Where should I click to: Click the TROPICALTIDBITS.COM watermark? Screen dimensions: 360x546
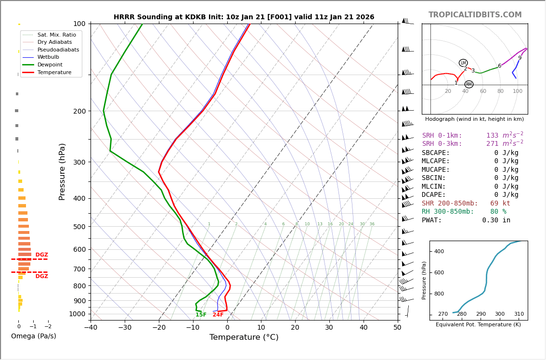point(475,15)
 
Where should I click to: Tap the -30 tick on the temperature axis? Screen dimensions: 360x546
point(125,328)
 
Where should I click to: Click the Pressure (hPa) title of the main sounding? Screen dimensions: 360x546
point(62,171)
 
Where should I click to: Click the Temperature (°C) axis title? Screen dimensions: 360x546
point(244,337)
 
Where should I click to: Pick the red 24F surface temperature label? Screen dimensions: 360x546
point(218,315)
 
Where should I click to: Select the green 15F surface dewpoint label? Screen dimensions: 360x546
point(201,315)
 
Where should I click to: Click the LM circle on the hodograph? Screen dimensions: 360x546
point(463,63)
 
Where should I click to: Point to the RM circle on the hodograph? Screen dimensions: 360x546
point(468,84)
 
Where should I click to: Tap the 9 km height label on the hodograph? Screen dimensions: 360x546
point(520,58)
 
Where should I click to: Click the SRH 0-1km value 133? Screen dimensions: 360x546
point(492,136)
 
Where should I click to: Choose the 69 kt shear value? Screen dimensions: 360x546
point(500,204)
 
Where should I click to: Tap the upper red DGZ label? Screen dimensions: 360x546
point(41,255)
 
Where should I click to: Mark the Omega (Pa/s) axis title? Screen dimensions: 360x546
point(33,336)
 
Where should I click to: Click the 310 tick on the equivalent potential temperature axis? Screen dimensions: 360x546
point(519,314)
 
